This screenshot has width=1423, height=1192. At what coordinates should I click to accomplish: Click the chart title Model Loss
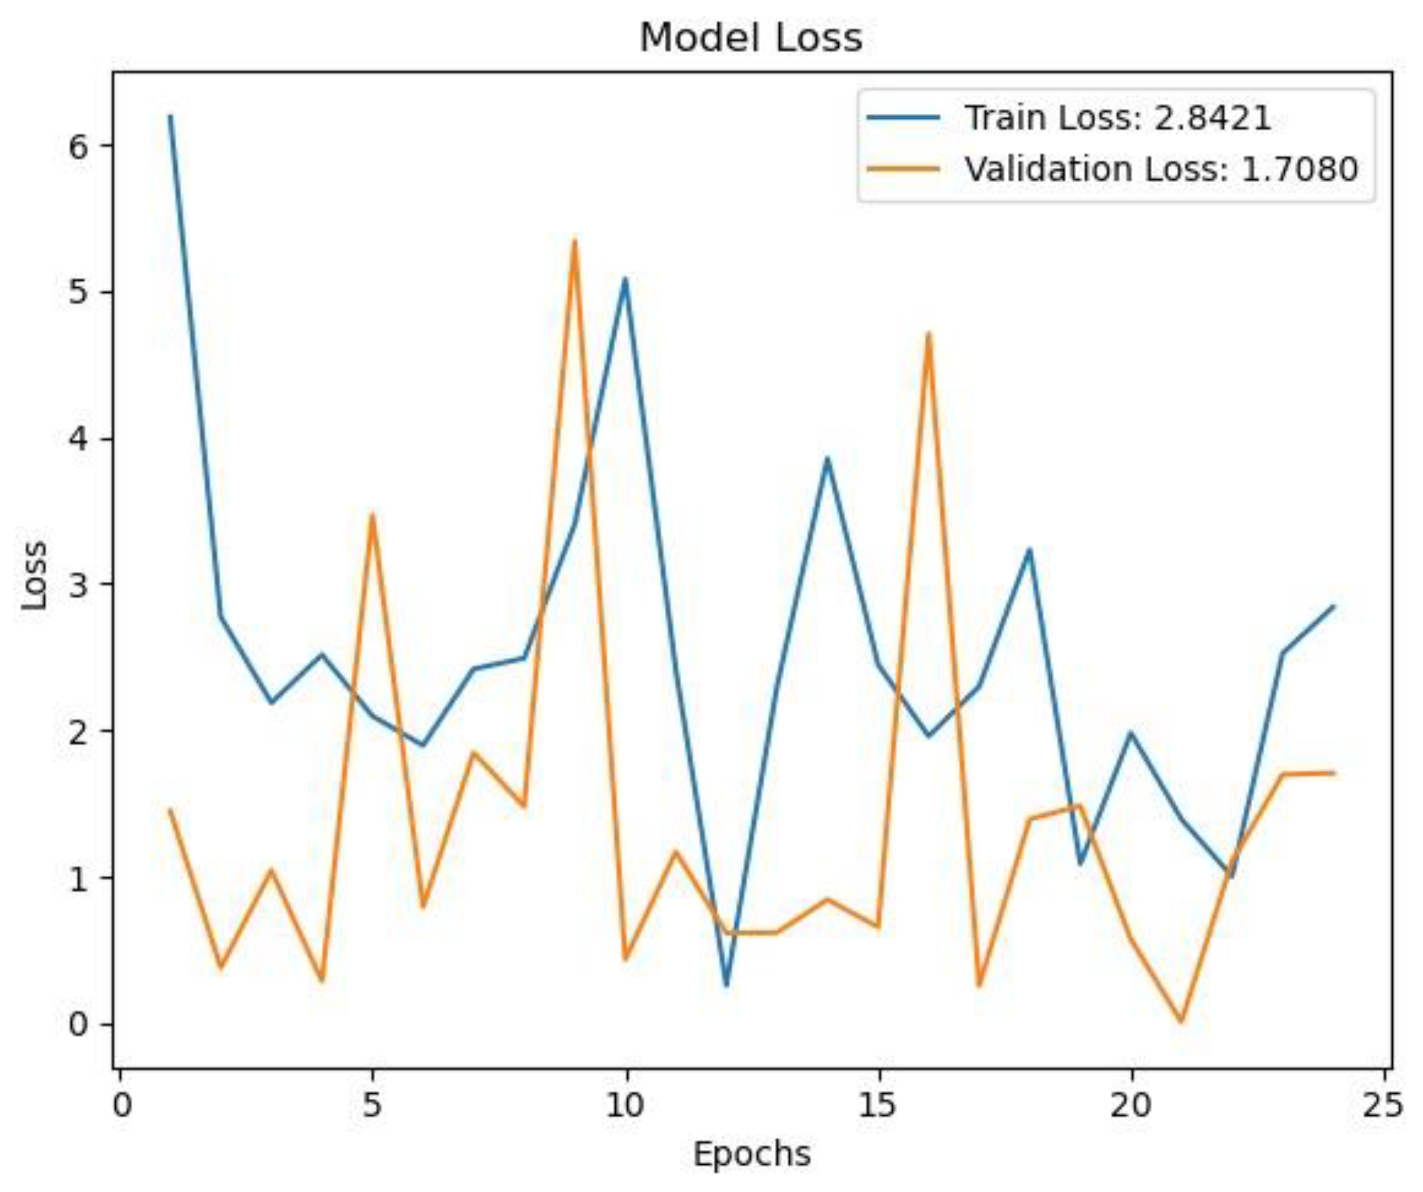[x=751, y=38]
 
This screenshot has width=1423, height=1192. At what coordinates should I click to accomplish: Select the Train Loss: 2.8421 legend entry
[x=1118, y=118]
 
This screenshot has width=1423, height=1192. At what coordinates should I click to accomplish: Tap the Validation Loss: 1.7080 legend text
[x=1161, y=168]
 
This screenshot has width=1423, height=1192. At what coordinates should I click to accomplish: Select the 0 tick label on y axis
[x=79, y=1024]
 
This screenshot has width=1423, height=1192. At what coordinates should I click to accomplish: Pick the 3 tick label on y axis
[x=79, y=585]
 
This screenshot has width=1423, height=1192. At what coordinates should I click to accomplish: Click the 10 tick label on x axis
[x=625, y=1105]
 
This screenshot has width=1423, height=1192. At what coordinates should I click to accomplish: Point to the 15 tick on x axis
[x=879, y=1105]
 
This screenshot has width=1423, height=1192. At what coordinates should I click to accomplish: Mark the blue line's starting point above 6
[x=170, y=116]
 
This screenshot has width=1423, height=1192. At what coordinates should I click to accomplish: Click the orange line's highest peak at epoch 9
[x=575, y=240]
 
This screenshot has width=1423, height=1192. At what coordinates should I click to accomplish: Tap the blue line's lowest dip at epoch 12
[x=727, y=985]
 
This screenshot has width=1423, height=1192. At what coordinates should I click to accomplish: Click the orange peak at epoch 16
[x=929, y=333]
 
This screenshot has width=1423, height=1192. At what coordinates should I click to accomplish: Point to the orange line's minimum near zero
[x=1181, y=1021]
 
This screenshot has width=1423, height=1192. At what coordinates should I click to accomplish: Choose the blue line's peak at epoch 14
[x=827, y=458]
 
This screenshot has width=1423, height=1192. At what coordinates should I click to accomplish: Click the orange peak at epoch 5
[x=372, y=514]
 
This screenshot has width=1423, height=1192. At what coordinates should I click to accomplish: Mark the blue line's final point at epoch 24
[x=1333, y=607]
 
